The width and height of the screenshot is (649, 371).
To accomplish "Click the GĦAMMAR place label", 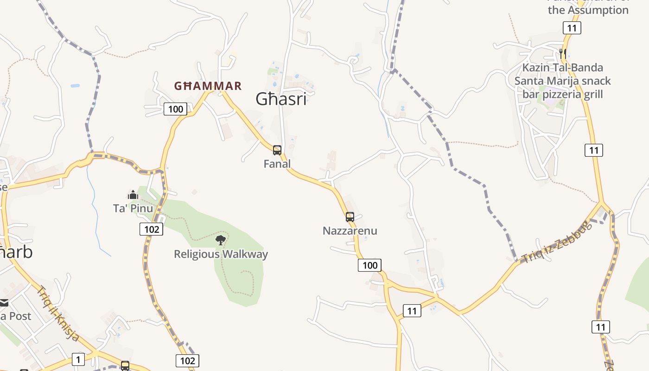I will click(208, 86).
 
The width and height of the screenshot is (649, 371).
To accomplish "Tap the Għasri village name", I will click(281, 99).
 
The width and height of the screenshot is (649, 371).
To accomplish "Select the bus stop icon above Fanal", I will click(277, 150).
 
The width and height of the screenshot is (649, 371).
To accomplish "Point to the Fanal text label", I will click(277, 164).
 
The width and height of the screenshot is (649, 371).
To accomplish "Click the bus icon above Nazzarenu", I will click(350, 217).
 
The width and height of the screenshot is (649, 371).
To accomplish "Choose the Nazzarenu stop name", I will click(350, 230).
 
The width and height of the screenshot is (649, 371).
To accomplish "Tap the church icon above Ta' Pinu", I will click(133, 195).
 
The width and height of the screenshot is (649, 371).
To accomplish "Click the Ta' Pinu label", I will click(133, 208).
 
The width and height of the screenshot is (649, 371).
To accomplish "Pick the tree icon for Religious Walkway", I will click(221, 240).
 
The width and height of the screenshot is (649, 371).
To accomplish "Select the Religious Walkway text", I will click(221, 254).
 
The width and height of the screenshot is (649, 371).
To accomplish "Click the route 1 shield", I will click(78, 359).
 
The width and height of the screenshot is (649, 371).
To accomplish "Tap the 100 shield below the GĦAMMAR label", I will click(175, 109).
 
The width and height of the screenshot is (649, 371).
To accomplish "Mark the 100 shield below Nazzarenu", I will click(369, 265).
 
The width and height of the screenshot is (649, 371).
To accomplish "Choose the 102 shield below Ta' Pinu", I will click(152, 229).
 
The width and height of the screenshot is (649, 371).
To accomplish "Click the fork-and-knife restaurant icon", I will click(563, 53).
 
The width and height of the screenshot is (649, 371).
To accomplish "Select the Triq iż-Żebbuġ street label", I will click(557, 242).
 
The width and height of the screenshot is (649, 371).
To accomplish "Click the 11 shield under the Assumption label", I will click(572, 28).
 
